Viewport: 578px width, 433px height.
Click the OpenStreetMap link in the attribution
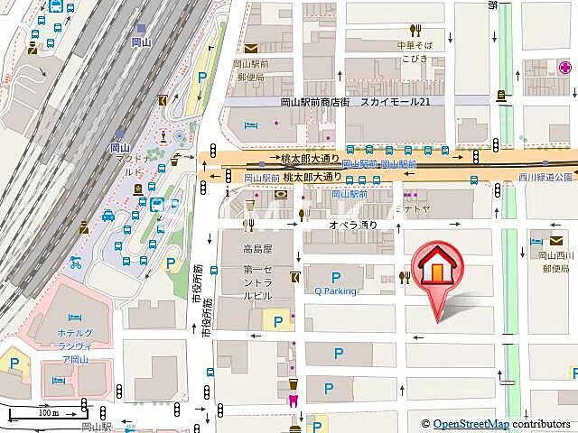471,424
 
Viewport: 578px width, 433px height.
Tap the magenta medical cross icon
564,67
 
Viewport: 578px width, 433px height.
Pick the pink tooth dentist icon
293,401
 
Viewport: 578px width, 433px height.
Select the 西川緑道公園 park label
546,178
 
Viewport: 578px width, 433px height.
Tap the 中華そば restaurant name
415,45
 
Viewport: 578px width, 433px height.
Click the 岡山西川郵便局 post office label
552,262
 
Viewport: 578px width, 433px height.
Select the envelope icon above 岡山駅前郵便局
250,49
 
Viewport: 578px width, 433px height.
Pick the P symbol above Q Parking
336,278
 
